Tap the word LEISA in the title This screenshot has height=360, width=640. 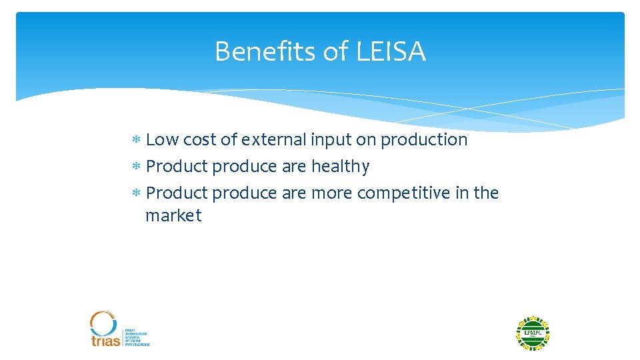point(391,51)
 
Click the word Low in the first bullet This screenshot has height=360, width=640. point(162,140)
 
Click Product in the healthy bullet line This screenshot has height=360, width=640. point(177,167)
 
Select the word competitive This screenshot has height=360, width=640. point(403,193)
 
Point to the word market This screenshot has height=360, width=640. point(173,216)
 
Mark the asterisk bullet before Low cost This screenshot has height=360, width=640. point(135,141)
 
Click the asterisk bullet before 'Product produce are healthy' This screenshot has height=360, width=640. point(135,167)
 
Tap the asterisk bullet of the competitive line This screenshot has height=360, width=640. point(135,193)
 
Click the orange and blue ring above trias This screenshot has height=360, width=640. point(103,323)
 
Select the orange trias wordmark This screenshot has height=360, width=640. point(105,340)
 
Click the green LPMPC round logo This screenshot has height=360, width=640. point(533,333)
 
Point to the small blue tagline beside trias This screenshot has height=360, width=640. point(137,337)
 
